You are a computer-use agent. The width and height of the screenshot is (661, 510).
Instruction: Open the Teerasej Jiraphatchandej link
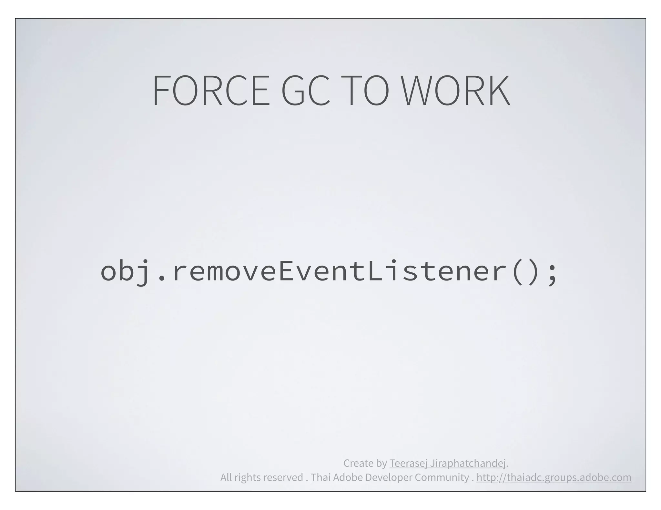[447, 463]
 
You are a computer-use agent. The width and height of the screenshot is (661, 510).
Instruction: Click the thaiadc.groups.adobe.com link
[554, 477]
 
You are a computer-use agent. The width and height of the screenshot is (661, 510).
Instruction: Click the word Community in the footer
[442, 477]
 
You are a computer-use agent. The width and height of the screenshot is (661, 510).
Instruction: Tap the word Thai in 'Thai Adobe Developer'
[320, 477]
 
